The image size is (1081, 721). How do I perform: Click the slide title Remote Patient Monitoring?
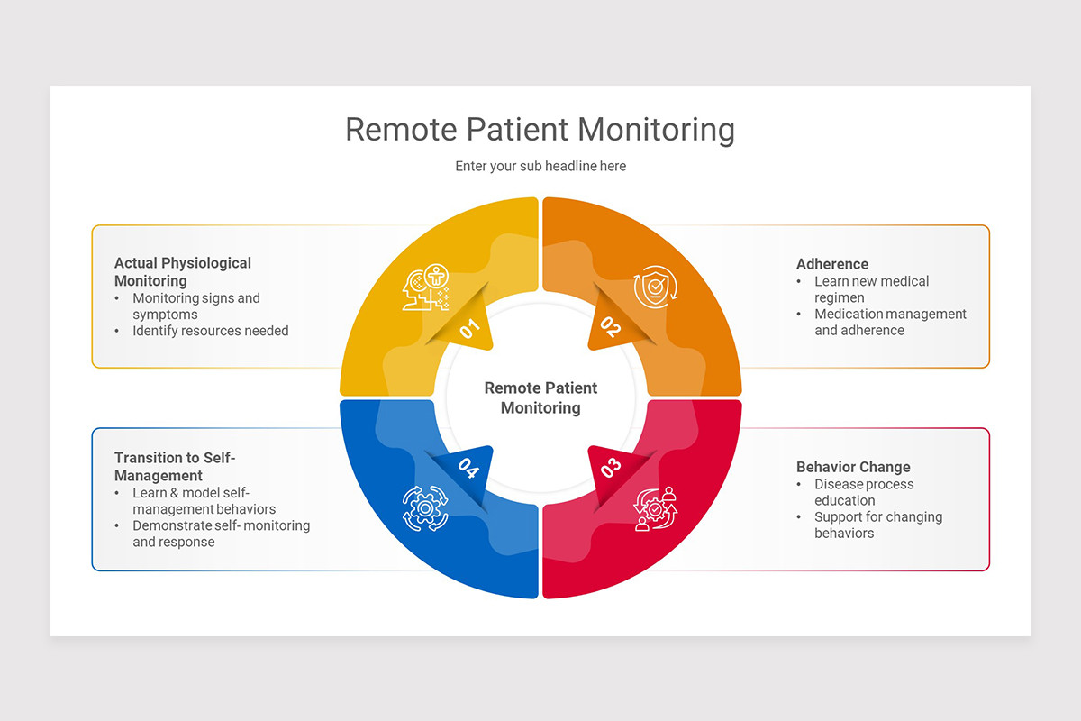point(540,129)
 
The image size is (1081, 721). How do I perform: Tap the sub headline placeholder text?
point(540,166)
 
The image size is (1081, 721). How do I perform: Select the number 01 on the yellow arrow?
point(469,328)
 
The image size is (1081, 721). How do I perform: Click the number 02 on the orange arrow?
point(611,327)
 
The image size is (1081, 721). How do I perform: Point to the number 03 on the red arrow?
point(611,468)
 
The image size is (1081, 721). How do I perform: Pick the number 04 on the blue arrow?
point(468,468)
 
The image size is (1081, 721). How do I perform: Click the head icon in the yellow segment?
point(425,287)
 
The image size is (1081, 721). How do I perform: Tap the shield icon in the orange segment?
point(655,287)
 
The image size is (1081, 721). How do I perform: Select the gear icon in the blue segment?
point(425,507)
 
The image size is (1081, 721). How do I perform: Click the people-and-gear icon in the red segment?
point(655,508)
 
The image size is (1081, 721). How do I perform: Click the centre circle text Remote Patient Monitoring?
point(540,397)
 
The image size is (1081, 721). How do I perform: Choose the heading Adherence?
point(832,264)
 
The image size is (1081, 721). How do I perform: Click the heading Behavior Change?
point(853,467)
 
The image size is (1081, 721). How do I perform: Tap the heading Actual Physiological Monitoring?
point(183,271)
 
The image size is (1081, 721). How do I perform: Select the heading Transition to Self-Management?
point(175,466)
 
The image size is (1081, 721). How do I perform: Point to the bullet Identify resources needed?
point(211,331)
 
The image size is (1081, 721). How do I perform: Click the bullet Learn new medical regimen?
point(871,289)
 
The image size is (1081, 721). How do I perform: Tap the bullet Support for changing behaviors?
point(878,525)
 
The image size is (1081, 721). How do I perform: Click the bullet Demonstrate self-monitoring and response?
point(221,534)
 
